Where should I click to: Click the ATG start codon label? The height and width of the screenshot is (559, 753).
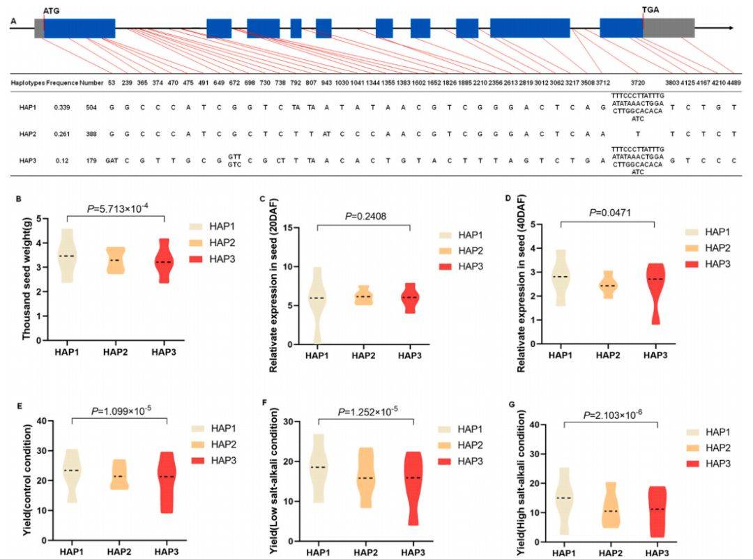coord(51,10)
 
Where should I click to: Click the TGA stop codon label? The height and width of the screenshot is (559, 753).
coord(650,10)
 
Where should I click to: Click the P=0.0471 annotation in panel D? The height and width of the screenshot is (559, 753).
coord(607,211)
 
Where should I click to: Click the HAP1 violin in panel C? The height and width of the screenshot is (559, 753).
coord(317,300)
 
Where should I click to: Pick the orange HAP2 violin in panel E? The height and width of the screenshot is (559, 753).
coord(120,475)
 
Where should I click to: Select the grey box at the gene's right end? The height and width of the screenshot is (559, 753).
coord(669,28)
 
